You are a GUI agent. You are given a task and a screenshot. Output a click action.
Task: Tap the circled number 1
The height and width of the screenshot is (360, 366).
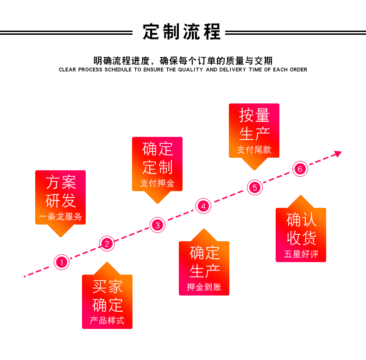pyautogui.click(x=62, y=262)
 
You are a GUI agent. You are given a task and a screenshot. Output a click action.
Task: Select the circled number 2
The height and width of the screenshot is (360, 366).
pyautogui.click(x=107, y=244)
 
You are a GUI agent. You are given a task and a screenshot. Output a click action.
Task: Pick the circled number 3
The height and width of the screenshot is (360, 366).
pyautogui.click(x=158, y=225)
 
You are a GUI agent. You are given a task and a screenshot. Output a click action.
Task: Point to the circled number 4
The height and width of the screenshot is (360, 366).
pyautogui.click(x=203, y=206)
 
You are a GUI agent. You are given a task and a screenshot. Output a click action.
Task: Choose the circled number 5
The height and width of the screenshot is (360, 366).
pyautogui.click(x=255, y=187)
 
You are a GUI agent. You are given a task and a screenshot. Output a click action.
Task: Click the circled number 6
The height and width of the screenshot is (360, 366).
pyautogui.click(x=300, y=169)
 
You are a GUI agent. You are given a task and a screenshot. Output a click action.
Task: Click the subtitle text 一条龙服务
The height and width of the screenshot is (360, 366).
pyautogui.click(x=61, y=216)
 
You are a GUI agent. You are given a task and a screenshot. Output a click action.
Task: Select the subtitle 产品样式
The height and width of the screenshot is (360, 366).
pyautogui.click(x=107, y=321)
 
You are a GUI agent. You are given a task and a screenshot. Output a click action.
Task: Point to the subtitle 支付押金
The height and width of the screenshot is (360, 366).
pyautogui.click(x=158, y=183)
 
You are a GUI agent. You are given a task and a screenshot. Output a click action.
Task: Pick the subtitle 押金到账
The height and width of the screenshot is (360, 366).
pyautogui.click(x=204, y=287)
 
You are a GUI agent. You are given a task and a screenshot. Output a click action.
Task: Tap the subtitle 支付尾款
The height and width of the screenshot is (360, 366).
pyautogui.click(x=254, y=149)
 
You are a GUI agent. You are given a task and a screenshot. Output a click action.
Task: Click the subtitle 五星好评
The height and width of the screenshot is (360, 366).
pyautogui.click(x=301, y=254)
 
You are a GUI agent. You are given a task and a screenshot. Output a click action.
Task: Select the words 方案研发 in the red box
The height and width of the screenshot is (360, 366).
pyautogui.click(x=61, y=192)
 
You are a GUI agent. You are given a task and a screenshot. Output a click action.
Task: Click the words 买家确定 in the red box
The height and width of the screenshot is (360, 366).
pyautogui.click(x=107, y=296)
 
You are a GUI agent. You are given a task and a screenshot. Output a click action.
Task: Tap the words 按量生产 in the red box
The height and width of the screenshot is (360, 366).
pyautogui.click(x=254, y=125)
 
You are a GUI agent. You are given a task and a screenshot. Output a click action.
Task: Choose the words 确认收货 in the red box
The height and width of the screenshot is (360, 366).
pyautogui.click(x=301, y=229)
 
